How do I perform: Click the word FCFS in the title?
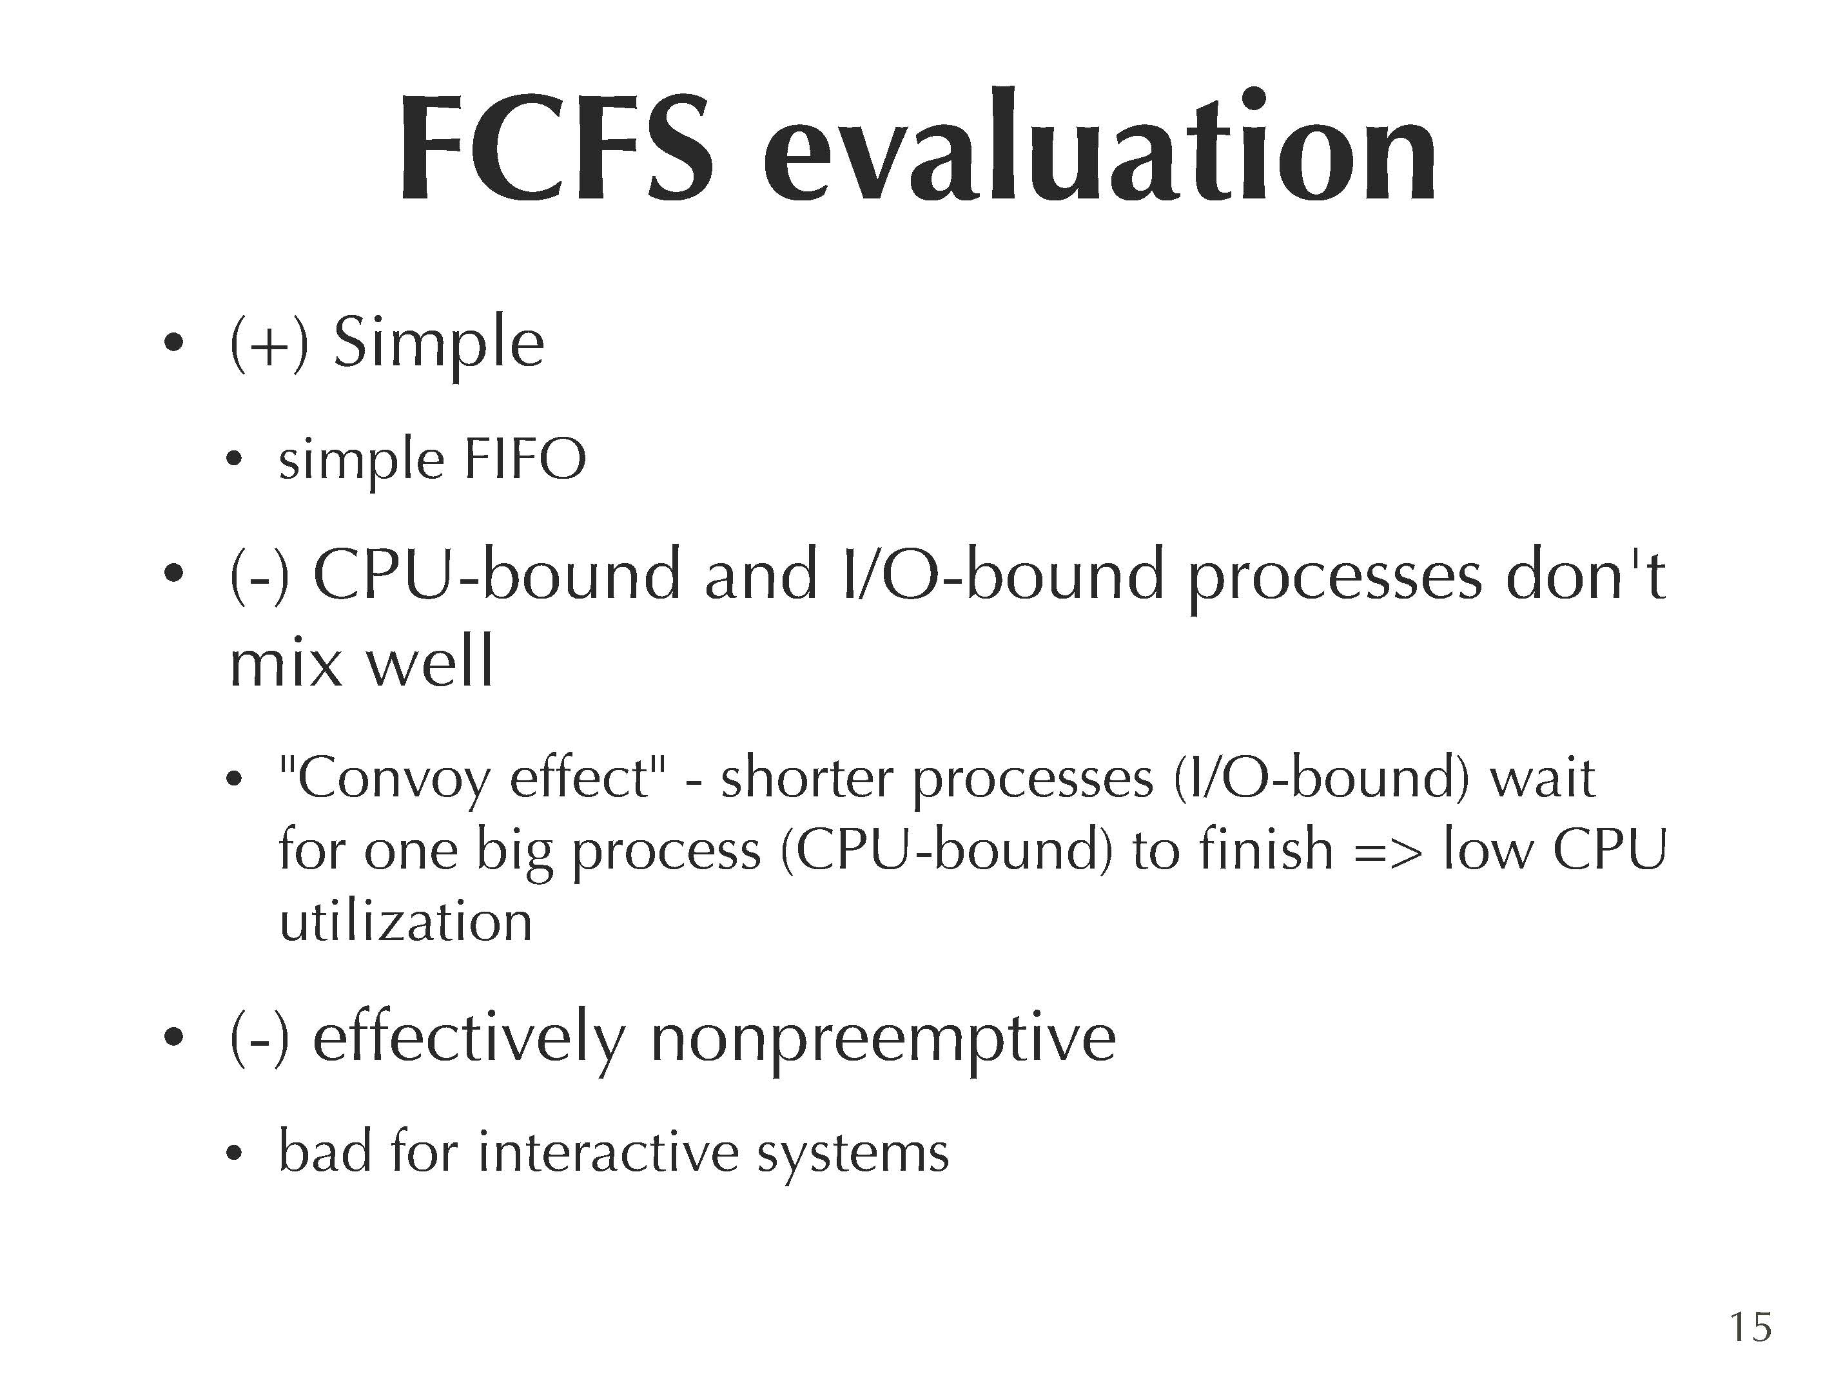(556, 148)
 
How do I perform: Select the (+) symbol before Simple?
(269, 344)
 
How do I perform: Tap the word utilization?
(405, 921)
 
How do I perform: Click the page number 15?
(1750, 1327)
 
